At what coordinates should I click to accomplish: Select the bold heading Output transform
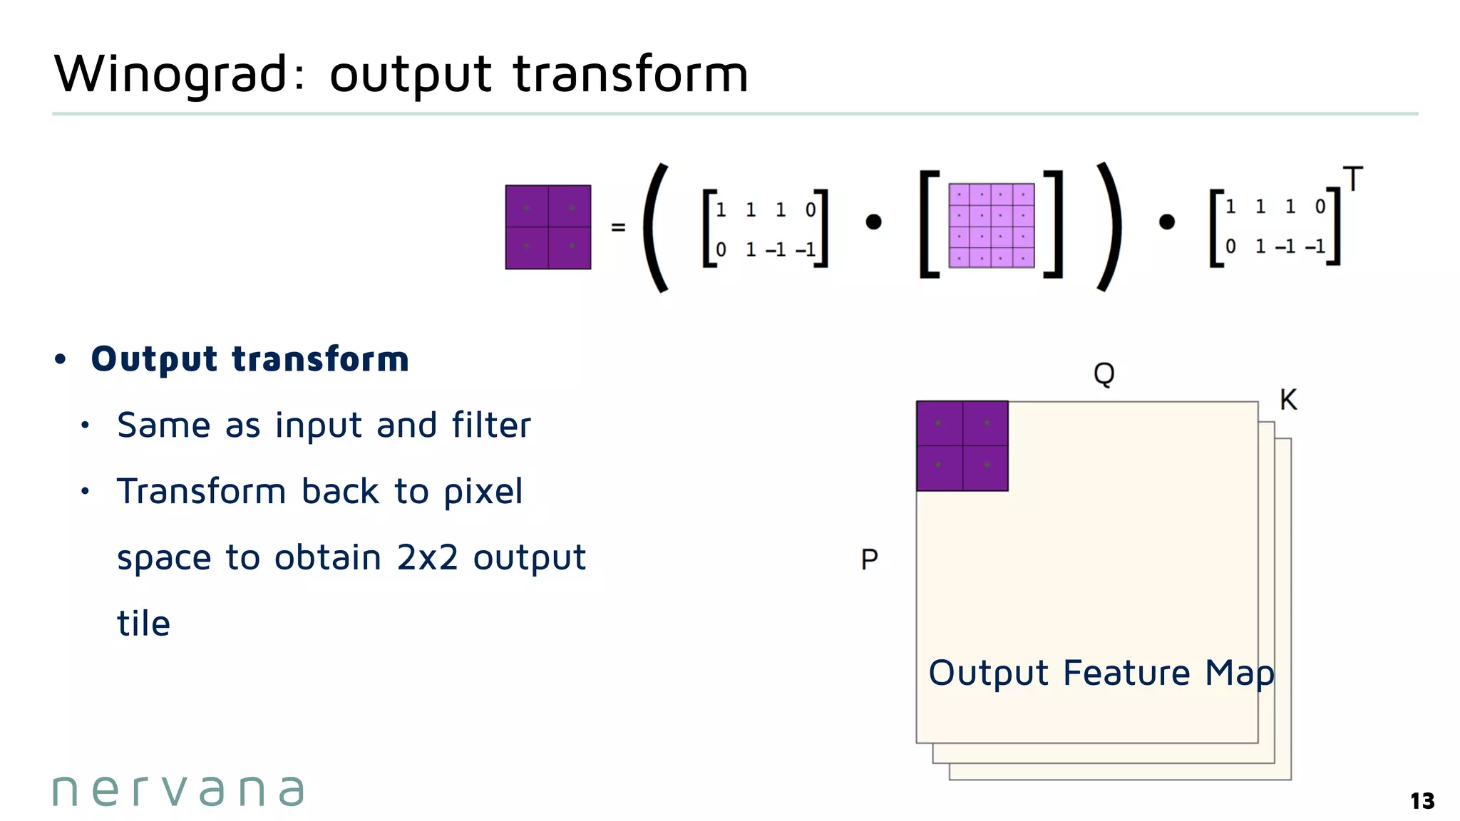(x=250, y=359)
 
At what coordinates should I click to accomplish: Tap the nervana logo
(x=178, y=790)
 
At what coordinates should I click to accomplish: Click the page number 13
(x=1422, y=801)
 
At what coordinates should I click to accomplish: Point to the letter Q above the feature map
(x=1104, y=373)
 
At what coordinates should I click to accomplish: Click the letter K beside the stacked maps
(x=1288, y=400)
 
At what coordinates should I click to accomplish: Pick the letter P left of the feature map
(x=869, y=559)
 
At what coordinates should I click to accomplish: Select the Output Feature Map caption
(x=1101, y=673)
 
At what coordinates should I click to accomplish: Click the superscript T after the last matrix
(x=1352, y=179)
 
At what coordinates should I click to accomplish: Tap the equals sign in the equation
(x=618, y=227)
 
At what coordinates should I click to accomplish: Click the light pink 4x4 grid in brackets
(x=991, y=225)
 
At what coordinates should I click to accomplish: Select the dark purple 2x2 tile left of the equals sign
(x=547, y=227)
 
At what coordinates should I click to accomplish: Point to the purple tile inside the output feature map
(x=962, y=445)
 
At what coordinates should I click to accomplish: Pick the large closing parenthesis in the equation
(x=1109, y=227)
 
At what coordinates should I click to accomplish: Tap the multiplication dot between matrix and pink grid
(x=873, y=222)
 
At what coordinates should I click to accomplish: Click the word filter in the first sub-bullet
(x=491, y=425)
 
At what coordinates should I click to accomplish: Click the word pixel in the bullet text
(x=483, y=492)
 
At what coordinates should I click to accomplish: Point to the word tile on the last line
(x=143, y=624)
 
